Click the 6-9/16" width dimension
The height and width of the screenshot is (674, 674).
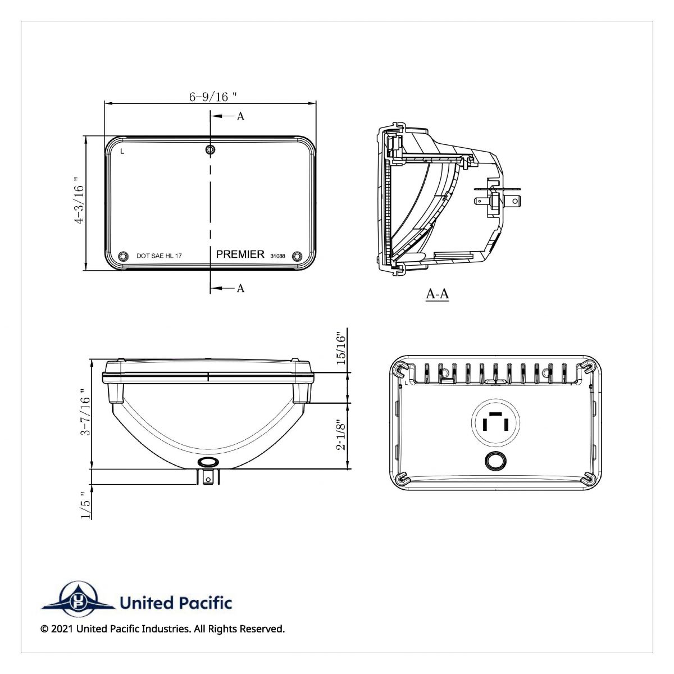212,97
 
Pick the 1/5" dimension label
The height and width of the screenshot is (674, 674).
85,504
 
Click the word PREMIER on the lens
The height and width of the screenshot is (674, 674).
240,254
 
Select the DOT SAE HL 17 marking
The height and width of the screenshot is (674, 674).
159,256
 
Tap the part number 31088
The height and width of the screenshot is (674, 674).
277,256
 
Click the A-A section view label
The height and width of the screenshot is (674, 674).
438,293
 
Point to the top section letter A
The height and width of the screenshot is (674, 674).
240,117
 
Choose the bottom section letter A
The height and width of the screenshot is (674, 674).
240,288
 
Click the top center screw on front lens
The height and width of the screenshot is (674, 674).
210,150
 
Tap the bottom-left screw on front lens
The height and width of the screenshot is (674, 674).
122,257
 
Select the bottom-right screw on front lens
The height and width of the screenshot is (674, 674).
298,257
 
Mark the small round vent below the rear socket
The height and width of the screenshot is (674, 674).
495,461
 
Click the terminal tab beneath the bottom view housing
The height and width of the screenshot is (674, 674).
208,477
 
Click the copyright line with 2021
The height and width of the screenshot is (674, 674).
163,629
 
